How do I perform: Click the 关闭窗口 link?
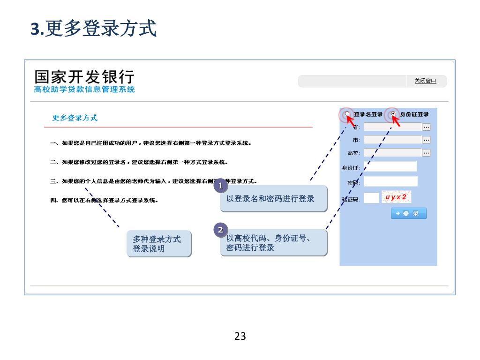click(x=425, y=81)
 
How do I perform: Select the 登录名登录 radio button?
click(x=347, y=114)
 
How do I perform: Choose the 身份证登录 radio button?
click(x=393, y=114)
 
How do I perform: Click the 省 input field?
click(x=393, y=127)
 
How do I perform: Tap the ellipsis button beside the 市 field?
click(x=426, y=140)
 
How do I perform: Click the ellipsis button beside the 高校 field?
click(x=426, y=152)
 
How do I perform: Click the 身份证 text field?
click(x=390, y=167)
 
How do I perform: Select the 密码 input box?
click(x=390, y=181)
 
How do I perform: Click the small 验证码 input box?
click(x=371, y=198)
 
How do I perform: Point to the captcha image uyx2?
click(x=396, y=197)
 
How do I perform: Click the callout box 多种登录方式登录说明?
click(x=158, y=244)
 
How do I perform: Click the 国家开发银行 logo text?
click(x=84, y=77)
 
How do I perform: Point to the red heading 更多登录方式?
click(x=75, y=118)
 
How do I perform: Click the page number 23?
click(x=240, y=336)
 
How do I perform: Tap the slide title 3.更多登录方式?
click(x=94, y=29)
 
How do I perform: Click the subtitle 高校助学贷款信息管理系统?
click(x=84, y=89)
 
